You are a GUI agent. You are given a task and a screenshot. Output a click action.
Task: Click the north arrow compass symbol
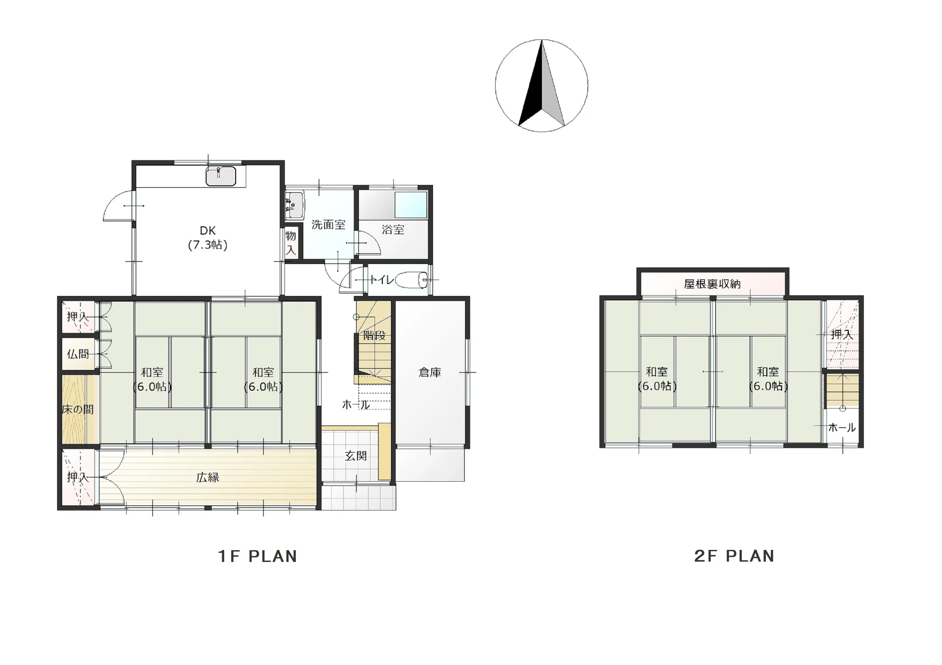[x=541, y=85]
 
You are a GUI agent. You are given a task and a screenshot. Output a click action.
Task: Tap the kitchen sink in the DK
[x=221, y=176]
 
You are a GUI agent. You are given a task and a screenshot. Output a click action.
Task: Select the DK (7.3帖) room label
[x=208, y=238]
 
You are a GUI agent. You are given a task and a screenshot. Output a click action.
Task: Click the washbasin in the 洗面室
[x=294, y=205]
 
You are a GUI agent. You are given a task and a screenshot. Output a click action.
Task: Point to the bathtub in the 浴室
[x=411, y=205]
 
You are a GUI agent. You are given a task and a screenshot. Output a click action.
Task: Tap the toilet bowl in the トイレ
[x=411, y=280]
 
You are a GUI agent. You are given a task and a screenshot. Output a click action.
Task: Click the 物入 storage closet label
[x=291, y=243]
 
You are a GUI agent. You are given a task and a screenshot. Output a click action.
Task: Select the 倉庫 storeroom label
[x=430, y=372]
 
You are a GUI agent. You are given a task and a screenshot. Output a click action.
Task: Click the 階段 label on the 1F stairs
[x=374, y=336]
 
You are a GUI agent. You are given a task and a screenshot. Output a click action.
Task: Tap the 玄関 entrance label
[x=356, y=456]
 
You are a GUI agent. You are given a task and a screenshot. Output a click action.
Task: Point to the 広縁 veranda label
[x=208, y=477]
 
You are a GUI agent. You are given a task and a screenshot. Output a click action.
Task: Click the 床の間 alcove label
[x=78, y=409]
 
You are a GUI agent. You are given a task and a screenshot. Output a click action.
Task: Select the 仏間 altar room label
[x=78, y=354]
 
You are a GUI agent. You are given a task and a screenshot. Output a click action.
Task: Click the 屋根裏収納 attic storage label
[x=712, y=284]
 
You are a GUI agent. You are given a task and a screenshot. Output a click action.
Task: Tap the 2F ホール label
[x=842, y=427]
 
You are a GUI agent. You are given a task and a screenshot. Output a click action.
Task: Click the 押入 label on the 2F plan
[x=842, y=335]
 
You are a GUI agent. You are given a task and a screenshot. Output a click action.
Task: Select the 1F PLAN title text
[x=258, y=556]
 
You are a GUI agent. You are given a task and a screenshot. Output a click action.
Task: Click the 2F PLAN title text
[x=734, y=556]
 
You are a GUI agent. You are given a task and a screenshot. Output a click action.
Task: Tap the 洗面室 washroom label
[x=328, y=225]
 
